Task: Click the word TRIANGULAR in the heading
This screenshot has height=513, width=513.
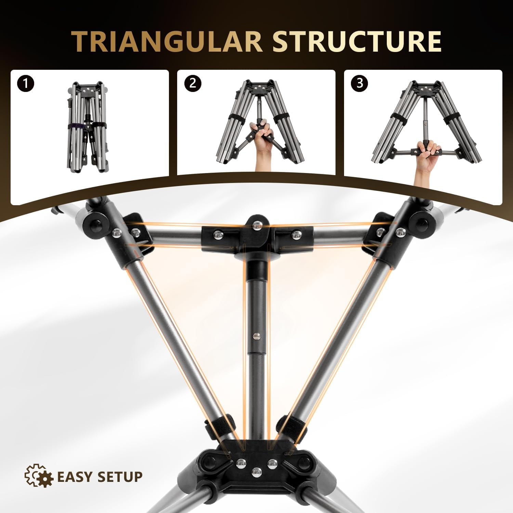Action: click(167, 42)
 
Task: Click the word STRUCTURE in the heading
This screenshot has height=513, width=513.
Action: click(357, 42)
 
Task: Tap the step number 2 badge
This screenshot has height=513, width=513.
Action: click(193, 83)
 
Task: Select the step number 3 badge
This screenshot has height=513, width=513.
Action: click(359, 83)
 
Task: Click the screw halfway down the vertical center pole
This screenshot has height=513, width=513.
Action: click(256, 336)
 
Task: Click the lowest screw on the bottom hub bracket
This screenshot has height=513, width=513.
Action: click(256, 473)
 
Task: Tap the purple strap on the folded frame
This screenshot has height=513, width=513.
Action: click(77, 127)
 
